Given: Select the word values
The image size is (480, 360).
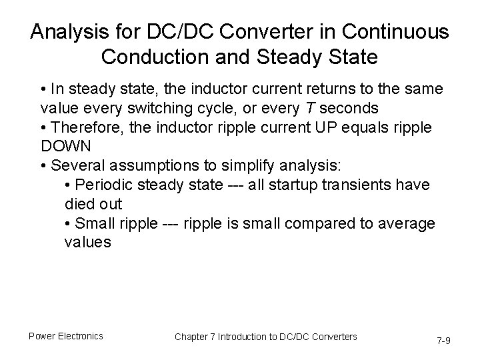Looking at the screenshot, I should point(88,242).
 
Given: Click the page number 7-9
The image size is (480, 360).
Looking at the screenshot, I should point(443,340).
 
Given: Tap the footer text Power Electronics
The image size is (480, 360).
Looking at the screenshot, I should point(65,336).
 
